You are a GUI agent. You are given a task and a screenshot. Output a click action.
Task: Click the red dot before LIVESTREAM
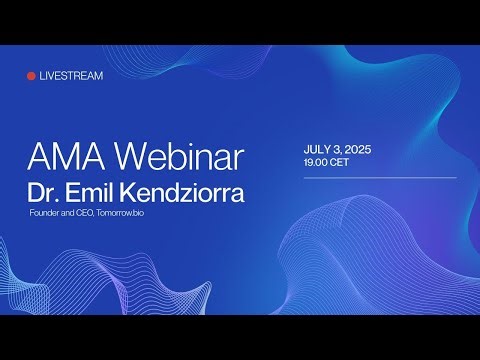31,76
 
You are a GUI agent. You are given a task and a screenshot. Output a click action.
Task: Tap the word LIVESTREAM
70,76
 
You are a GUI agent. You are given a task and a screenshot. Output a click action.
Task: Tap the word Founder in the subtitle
47,213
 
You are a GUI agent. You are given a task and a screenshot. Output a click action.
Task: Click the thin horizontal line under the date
380,179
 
